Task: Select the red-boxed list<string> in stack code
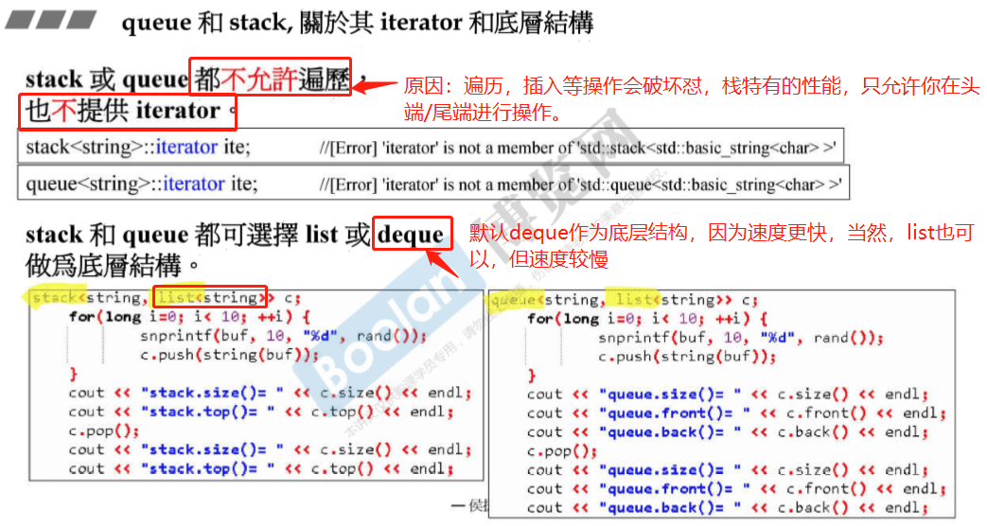209,298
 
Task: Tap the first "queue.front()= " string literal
671,413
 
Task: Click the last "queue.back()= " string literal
666,508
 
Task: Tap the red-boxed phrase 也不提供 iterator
127,112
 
